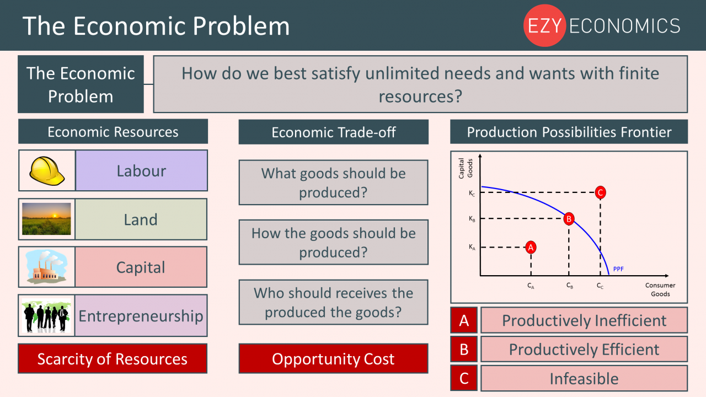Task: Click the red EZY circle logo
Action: [544, 26]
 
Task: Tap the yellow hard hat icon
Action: [47, 170]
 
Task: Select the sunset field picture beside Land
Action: [47, 219]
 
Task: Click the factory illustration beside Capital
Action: [47, 267]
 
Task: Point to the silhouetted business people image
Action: [47, 315]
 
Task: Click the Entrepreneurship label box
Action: [141, 315]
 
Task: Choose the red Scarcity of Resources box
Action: [113, 359]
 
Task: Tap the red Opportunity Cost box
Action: [333, 359]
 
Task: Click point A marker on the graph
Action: [531, 247]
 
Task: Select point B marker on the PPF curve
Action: [569, 219]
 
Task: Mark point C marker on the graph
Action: [601, 192]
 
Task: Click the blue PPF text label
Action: [618, 269]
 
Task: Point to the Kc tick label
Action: [472, 193]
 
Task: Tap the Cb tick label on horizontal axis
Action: [569, 286]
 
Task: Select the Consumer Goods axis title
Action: [660, 289]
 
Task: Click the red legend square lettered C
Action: [464, 378]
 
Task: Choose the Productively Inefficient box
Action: [584, 320]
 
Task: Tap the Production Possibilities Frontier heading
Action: [569, 132]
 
